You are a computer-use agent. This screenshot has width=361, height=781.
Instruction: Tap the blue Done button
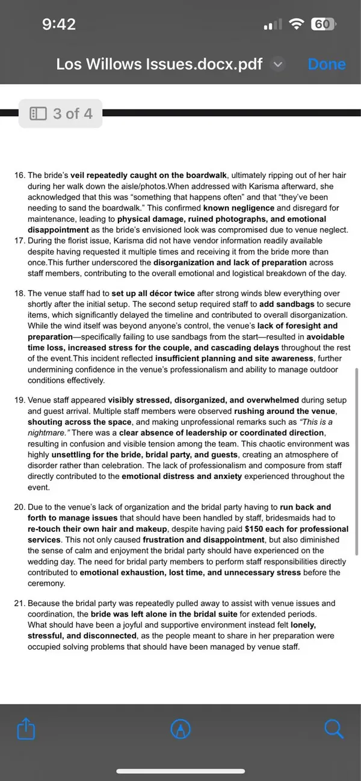(327, 64)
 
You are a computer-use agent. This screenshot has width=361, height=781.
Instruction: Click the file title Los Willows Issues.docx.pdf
(159, 64)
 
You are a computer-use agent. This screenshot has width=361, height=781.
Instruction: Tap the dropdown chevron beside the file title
(277, 64)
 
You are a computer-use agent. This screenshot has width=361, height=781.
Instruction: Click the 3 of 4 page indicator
(61, 113)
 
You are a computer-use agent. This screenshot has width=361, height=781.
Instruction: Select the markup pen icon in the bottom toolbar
(180, 729)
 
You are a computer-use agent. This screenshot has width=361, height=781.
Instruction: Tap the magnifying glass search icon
(333, 729)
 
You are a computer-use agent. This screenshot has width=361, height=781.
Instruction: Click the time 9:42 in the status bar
(59, 25)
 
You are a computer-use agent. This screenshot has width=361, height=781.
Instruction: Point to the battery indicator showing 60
(322, 25)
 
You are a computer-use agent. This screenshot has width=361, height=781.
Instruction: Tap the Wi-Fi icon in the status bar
(296, 25)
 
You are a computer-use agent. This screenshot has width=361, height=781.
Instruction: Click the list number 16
(19, 176)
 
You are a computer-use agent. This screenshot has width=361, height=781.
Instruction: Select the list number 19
(19, 400)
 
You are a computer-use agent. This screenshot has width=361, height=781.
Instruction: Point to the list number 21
(19, 603)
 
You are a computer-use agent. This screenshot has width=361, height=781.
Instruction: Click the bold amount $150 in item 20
(256, 529)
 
